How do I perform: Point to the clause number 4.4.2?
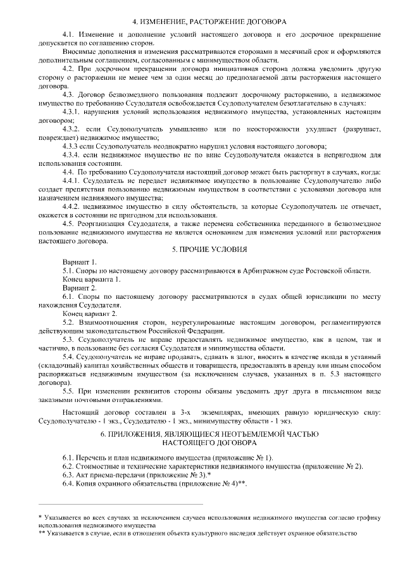coord(73,206)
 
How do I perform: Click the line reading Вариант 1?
coord(80,261)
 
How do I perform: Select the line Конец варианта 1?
coord(91,279)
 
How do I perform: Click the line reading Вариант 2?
coord(80,288)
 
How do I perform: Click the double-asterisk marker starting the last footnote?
coord(42,533)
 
